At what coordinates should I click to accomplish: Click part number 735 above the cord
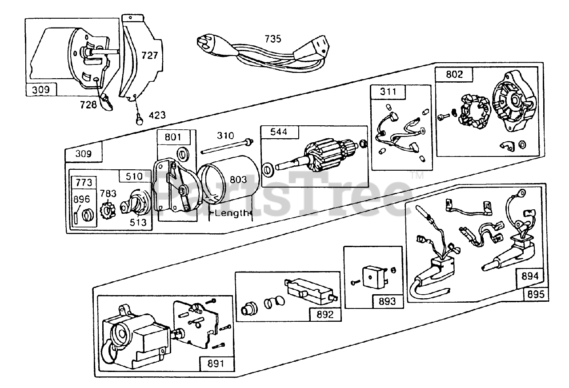[x=273, y=39]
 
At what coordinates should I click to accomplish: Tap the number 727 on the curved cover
[x=150, y=55]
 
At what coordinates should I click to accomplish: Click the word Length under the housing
[x=230, y=213]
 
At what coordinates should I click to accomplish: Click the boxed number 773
[x=84, y=182]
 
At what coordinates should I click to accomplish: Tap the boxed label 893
[x=387, y=301]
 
